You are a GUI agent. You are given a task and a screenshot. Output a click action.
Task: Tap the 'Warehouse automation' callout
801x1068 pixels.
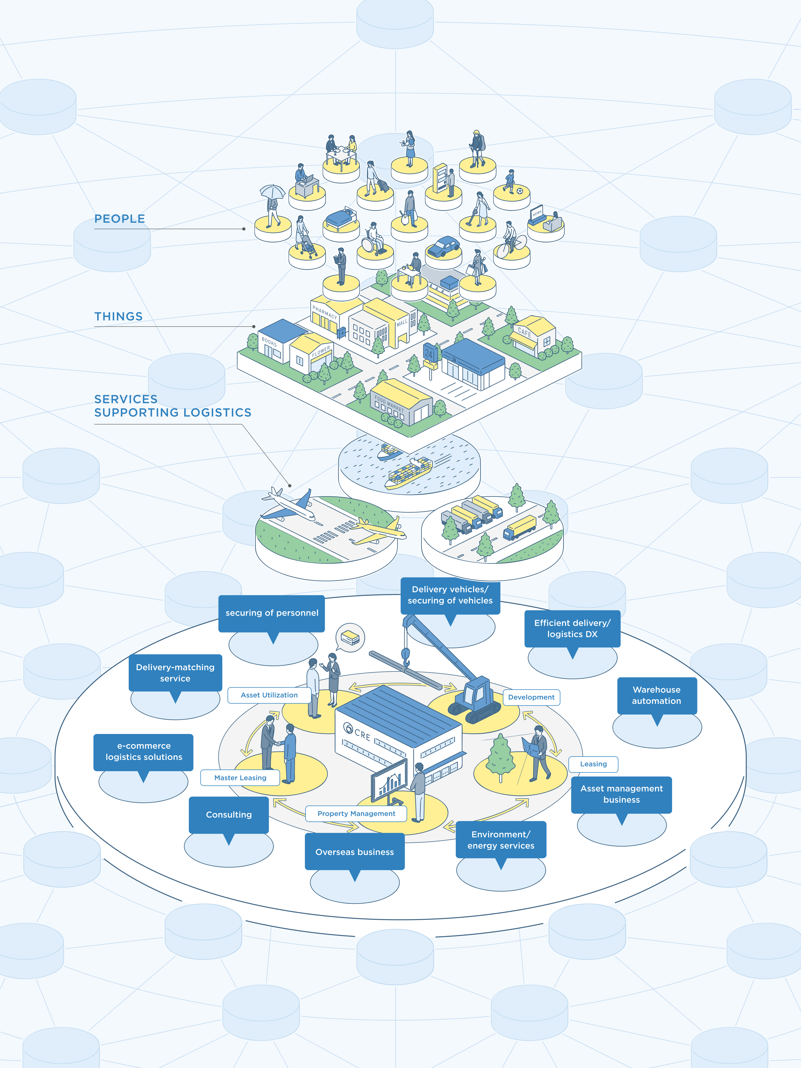(657, 695)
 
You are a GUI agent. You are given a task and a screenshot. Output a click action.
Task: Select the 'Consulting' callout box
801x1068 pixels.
(229, 815)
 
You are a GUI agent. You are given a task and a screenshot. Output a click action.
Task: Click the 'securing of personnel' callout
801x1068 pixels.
(272, 613)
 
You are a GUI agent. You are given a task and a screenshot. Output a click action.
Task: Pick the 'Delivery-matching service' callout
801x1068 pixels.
(175, 673)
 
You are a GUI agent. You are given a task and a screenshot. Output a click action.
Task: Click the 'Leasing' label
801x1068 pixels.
(593, 764)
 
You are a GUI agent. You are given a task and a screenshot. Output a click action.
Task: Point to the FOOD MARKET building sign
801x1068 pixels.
(389, 404)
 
